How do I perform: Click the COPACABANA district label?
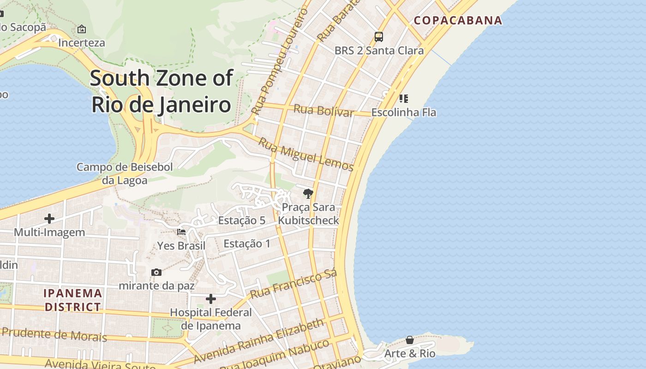click(x=458, y=20)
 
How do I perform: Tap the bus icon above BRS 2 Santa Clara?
click(x=379, y=37)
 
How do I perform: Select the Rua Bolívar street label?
click(x=323, y=111)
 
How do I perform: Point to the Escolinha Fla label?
click(x=403, y=112)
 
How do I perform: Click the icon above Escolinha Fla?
click(x=404, y=98)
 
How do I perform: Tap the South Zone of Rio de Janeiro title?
click(x=161, y=91)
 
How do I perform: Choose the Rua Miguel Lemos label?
click(x=305, y=155)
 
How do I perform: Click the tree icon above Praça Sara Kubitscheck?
click(x=308, y=194)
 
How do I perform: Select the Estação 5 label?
click(x=242, y=220)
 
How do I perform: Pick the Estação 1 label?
click(x=247, y=244)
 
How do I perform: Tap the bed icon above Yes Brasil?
click(x=181, y=232)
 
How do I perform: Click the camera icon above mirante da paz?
click(x=156, y=273)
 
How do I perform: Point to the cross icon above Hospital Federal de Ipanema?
click(x=211, y=299)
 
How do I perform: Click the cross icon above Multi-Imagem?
click(x=49, y=219)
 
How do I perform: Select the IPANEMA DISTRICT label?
click(x=73, y=300)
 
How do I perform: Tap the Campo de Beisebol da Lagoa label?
click(x=125, y=173)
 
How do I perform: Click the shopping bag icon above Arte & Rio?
click(x=410, y=340)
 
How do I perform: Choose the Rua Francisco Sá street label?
click(x=293, y=284)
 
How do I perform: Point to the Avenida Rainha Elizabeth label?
click(x=258, y=340)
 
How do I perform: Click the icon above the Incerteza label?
click(x=82, y=29)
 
